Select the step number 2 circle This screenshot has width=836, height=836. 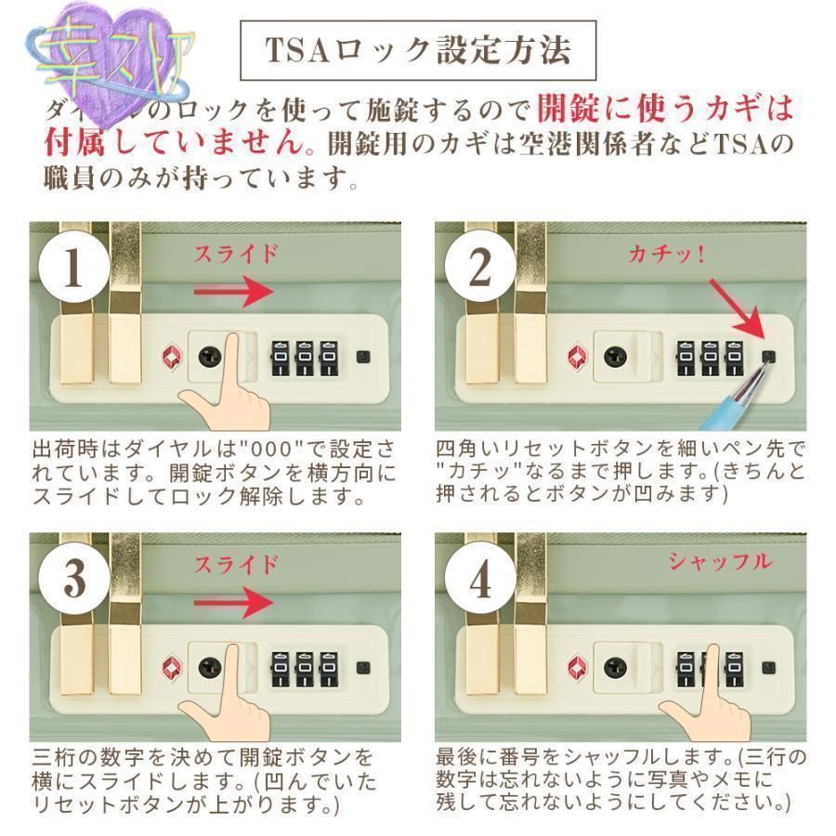pyautogui.click(x=479, y=268)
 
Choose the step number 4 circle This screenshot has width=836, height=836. pyautogui.click(x=479, y=581)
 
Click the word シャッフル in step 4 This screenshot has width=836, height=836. pyautogui.click(x=720, y=562)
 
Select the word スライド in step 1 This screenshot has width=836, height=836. pyautogui.click(x=234, y=254)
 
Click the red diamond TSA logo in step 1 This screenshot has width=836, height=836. pyautogui.click(x=170, y=356)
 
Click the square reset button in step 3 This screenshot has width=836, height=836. pyautogui.click(x=362, y=666)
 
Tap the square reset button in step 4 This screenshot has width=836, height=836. pyautogui.click(x=767, y=666)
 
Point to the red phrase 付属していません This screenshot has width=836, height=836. pyautogui.click(x=172, y=143)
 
